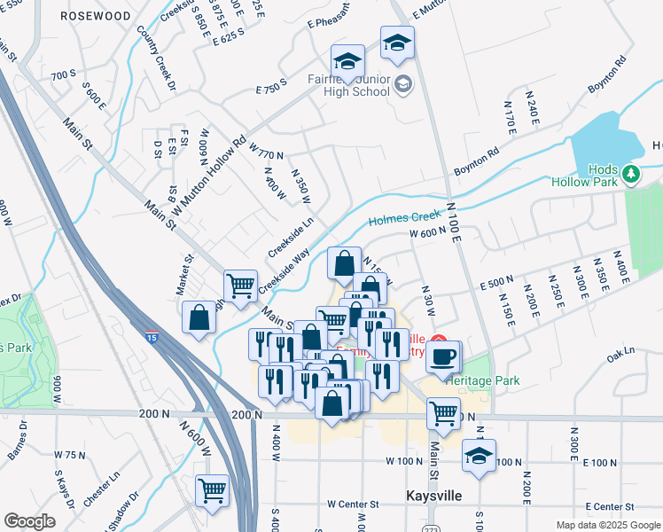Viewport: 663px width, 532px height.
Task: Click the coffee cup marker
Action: [x=443, y=356]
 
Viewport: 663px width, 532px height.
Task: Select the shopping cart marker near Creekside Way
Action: [x=240, y=286]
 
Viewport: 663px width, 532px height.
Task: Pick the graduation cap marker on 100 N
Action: [x=479, y=456]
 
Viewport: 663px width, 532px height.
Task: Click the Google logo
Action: [x=29, y=520]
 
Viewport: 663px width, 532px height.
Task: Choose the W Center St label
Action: [x=352, y=504]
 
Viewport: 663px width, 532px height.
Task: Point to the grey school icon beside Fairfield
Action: [x=403, y=85]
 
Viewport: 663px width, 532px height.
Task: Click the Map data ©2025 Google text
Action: [x=607, y=524]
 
